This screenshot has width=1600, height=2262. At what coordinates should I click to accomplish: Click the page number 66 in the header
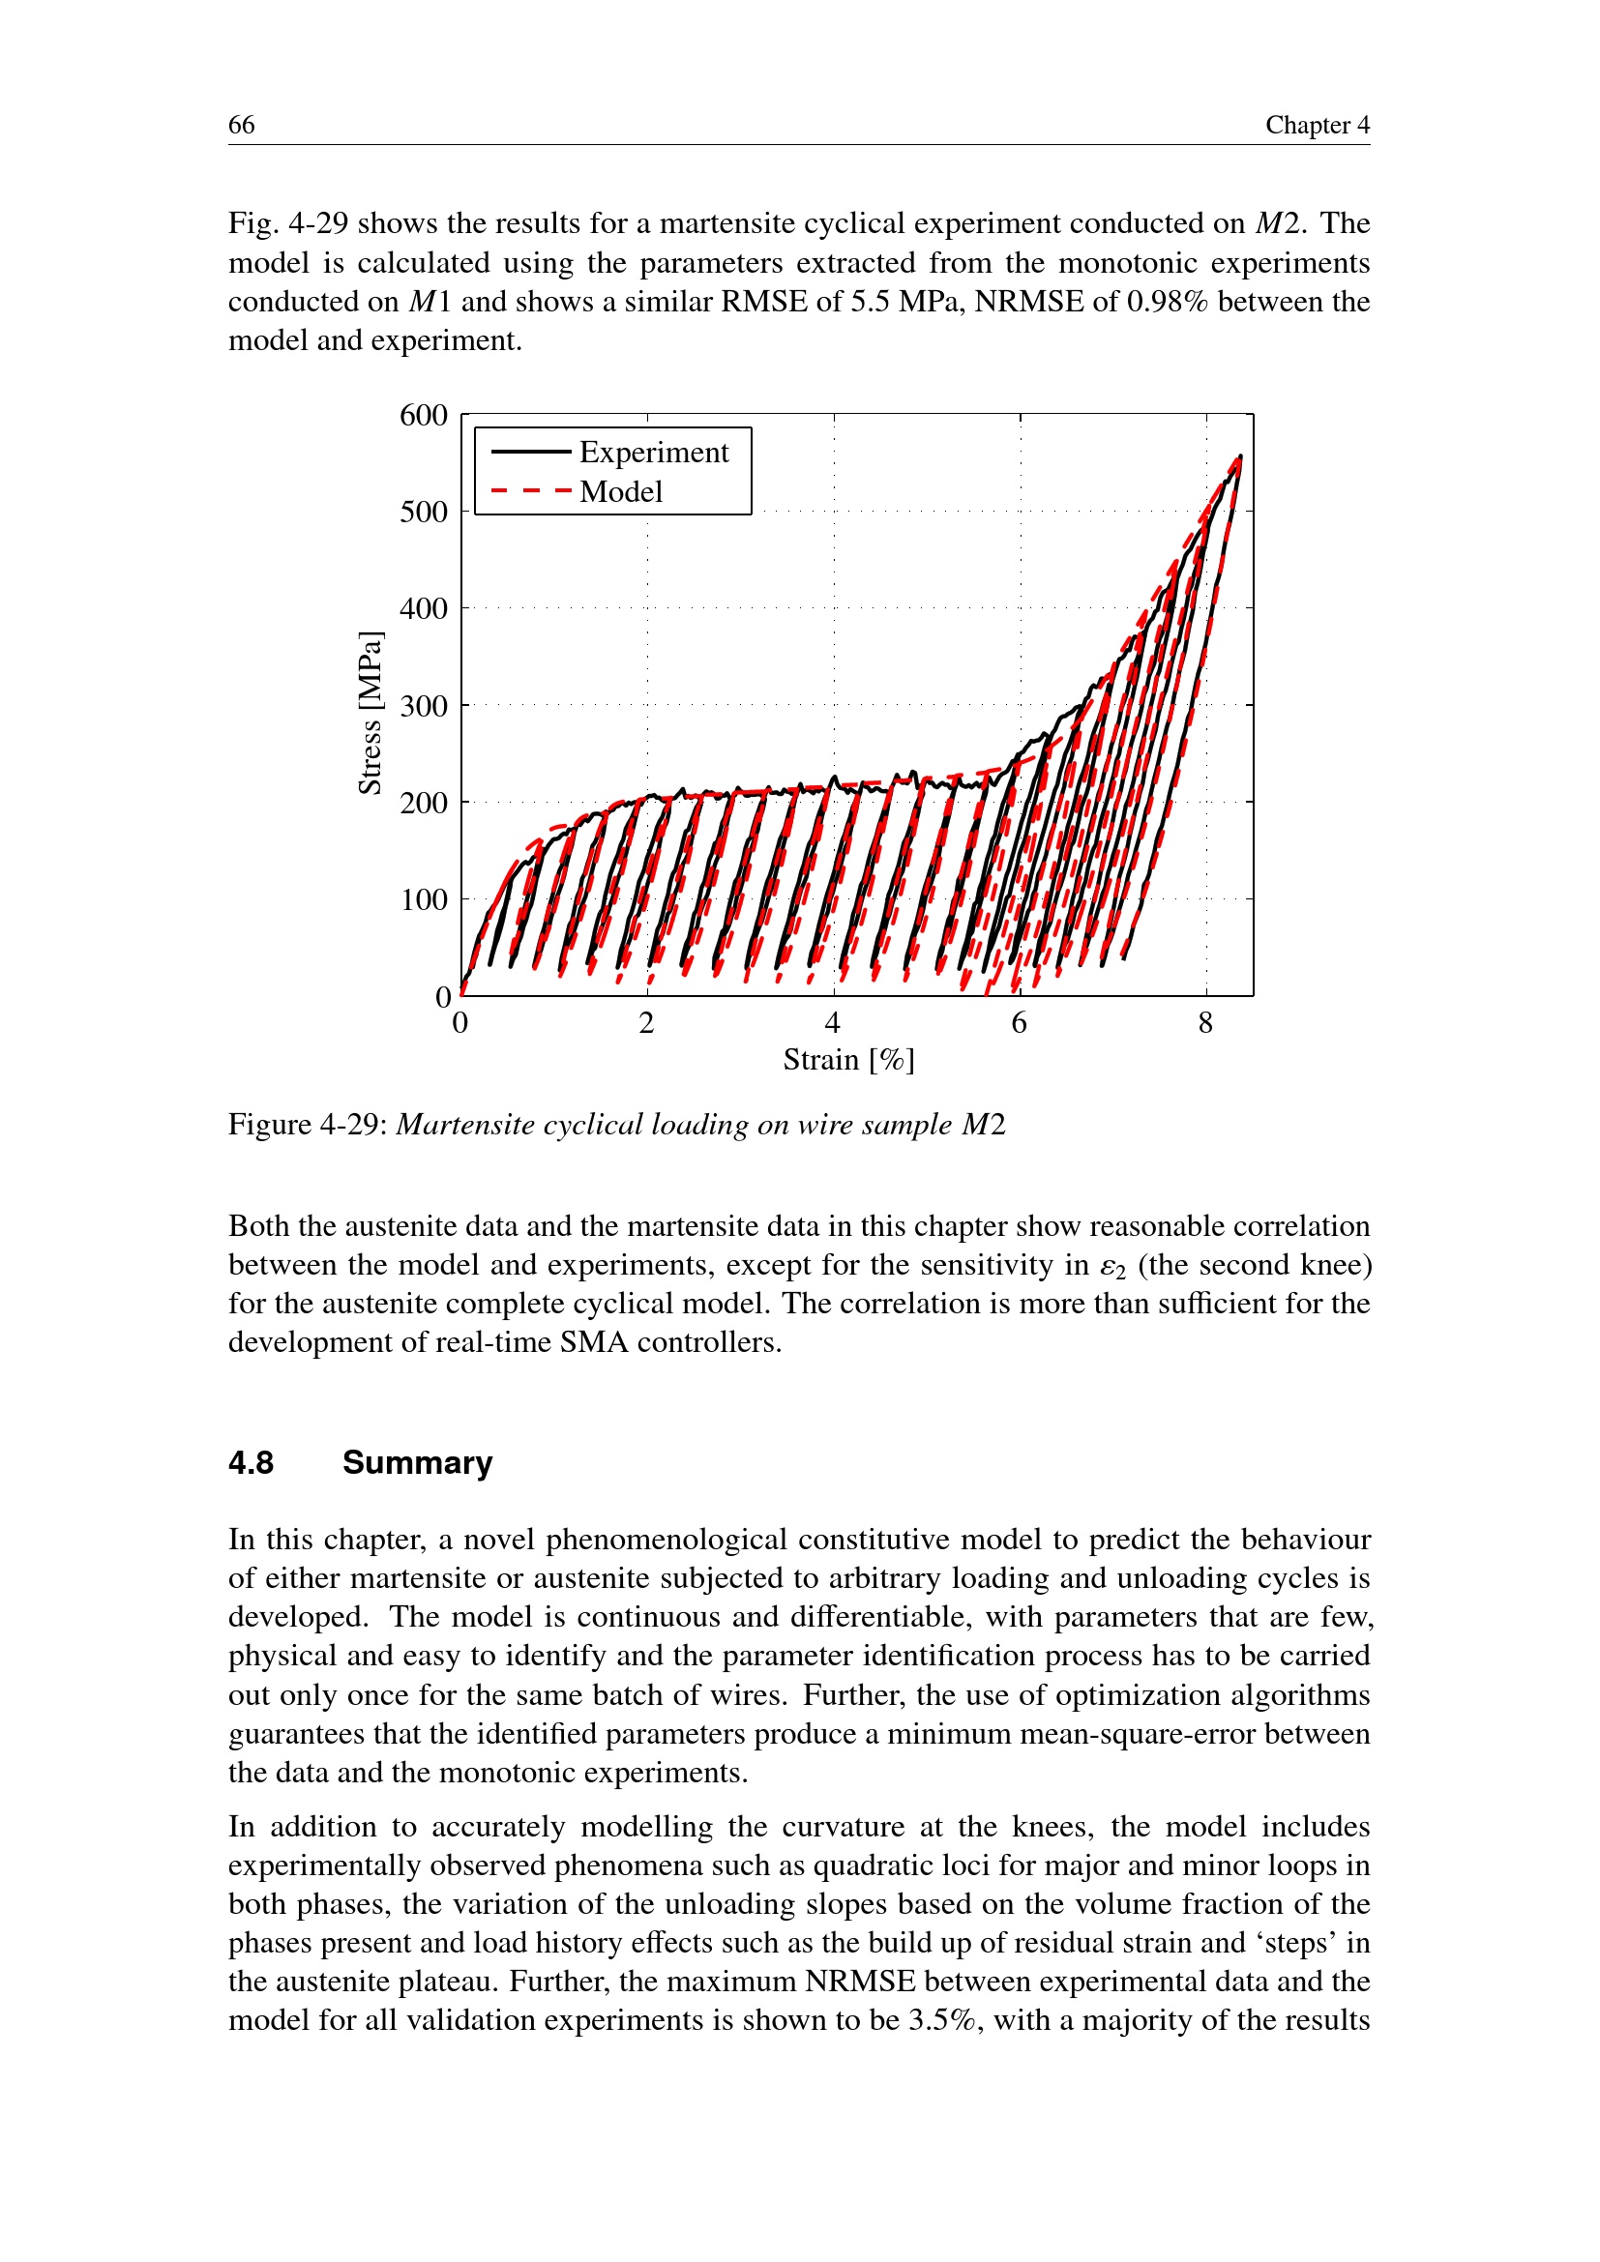pos(242,125)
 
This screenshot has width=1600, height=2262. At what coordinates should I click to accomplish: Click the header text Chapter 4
pos(1317,125)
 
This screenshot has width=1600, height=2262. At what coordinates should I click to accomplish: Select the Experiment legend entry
pos(653,453)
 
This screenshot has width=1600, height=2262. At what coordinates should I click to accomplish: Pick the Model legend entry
pos(621,491)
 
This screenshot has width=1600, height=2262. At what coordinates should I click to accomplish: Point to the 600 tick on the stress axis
pos(424,416)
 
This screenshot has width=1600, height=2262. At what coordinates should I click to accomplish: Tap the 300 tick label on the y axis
pos(424,706)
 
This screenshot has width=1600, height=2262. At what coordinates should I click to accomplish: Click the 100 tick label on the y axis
pos(424,899)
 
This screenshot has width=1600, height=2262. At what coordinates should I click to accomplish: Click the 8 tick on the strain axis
pos(1206,1023)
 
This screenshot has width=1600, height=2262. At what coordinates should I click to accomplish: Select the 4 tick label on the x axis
pos(834,1023)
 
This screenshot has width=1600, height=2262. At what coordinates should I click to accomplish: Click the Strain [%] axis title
pos(848,1060)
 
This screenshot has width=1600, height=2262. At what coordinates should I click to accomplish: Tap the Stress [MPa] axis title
pos(370,712)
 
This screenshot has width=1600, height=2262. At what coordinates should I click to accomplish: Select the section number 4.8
pos(252,1463)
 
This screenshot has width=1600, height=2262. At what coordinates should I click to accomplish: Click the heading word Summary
pos(417,1463)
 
